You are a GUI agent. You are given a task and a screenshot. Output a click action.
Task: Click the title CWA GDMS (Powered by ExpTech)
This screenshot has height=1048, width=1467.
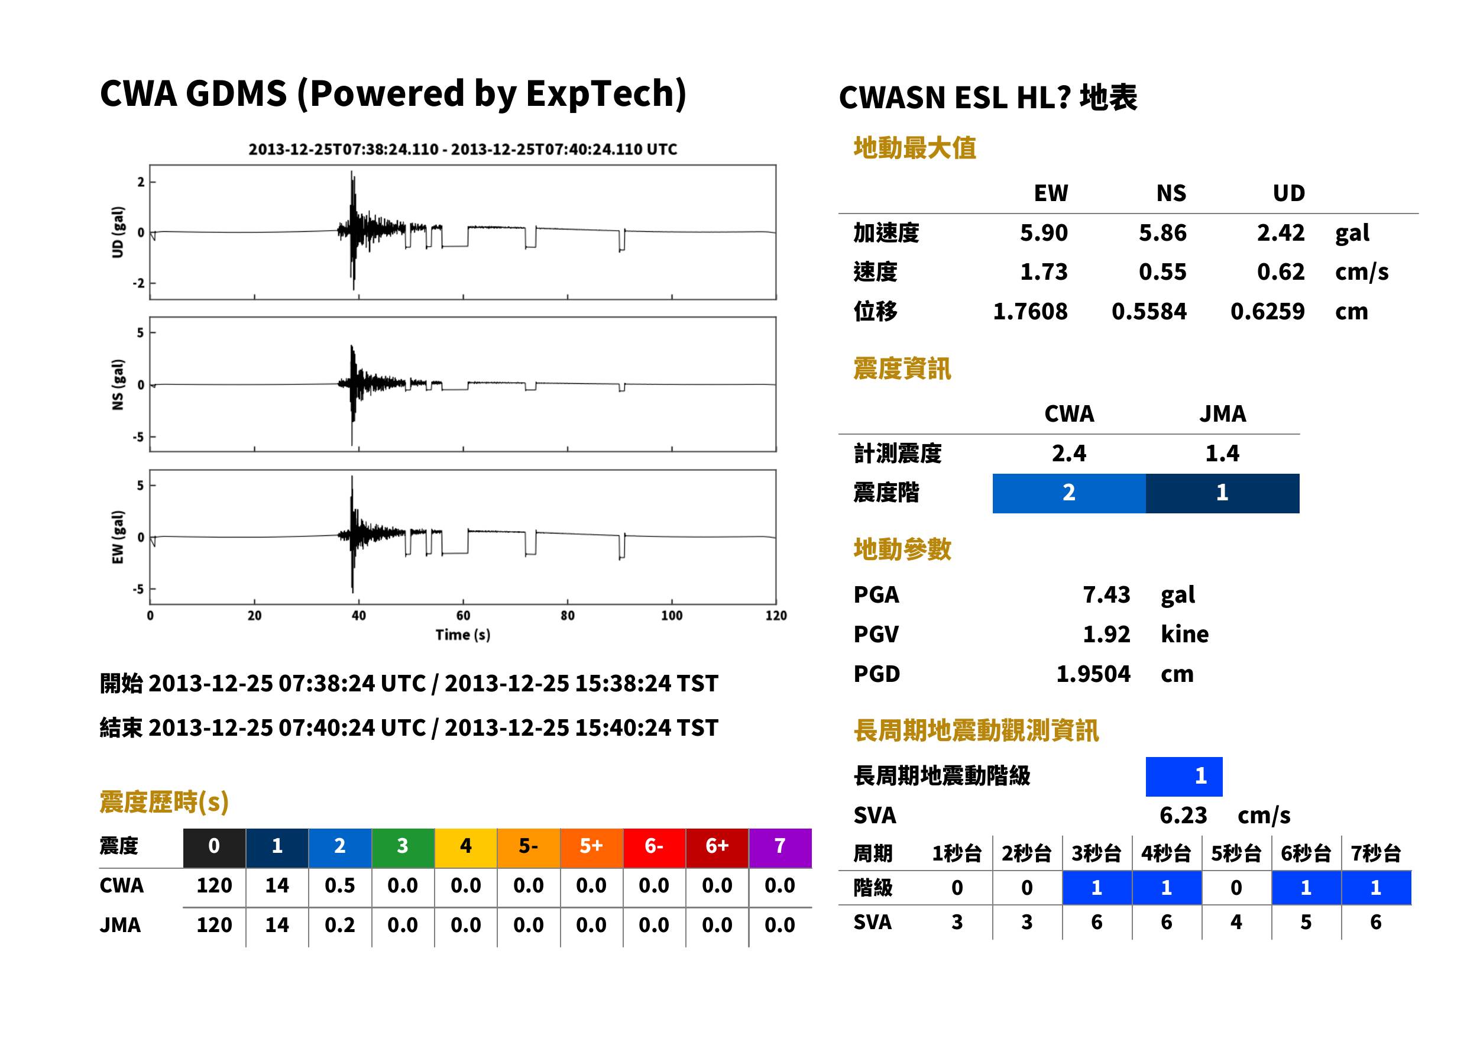coord(393,94)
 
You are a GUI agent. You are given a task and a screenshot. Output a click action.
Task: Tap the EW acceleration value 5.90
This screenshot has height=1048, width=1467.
coord(1043,233)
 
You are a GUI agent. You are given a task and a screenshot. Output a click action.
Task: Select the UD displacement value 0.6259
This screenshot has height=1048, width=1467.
coord(1267,312)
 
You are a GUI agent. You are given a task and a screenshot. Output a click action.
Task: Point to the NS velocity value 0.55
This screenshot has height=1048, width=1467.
coord(1162,272)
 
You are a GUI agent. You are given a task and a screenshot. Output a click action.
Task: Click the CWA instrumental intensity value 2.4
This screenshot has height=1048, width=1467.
coord(1068,454)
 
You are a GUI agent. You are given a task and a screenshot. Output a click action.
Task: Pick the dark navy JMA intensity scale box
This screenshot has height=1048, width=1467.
coord(1222,493)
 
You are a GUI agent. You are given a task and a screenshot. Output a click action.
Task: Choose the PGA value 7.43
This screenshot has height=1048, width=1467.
coord(1106,595)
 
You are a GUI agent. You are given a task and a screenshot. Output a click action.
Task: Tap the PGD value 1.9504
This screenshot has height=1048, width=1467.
coord(1093,674)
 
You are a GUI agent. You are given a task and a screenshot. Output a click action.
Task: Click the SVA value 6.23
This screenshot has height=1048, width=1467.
coord(1183,816)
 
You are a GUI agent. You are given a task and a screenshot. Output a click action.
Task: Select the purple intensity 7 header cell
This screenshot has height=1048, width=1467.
coord(780,848)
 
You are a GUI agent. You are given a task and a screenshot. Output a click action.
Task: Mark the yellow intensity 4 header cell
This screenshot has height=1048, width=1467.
coord(466,848)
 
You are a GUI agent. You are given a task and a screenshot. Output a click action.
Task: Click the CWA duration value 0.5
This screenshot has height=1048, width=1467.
coord(340,886)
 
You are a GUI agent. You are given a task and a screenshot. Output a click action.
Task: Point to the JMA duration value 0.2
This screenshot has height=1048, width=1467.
coord(340,926)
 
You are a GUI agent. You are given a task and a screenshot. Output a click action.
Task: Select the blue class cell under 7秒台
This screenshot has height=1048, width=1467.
coord(1376,888)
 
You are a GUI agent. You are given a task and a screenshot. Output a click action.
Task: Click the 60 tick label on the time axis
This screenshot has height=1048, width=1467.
coord(463,616)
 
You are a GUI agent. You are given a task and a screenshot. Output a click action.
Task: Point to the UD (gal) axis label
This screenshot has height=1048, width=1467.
coord(118,232)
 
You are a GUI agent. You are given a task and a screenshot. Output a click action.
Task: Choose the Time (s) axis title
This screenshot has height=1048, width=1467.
coord(462,635)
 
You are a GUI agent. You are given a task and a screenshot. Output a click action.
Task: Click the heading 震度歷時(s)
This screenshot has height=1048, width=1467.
coord(164,802)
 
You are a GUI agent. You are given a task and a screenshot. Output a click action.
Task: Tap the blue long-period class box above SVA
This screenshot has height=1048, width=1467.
coord(1184,777)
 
